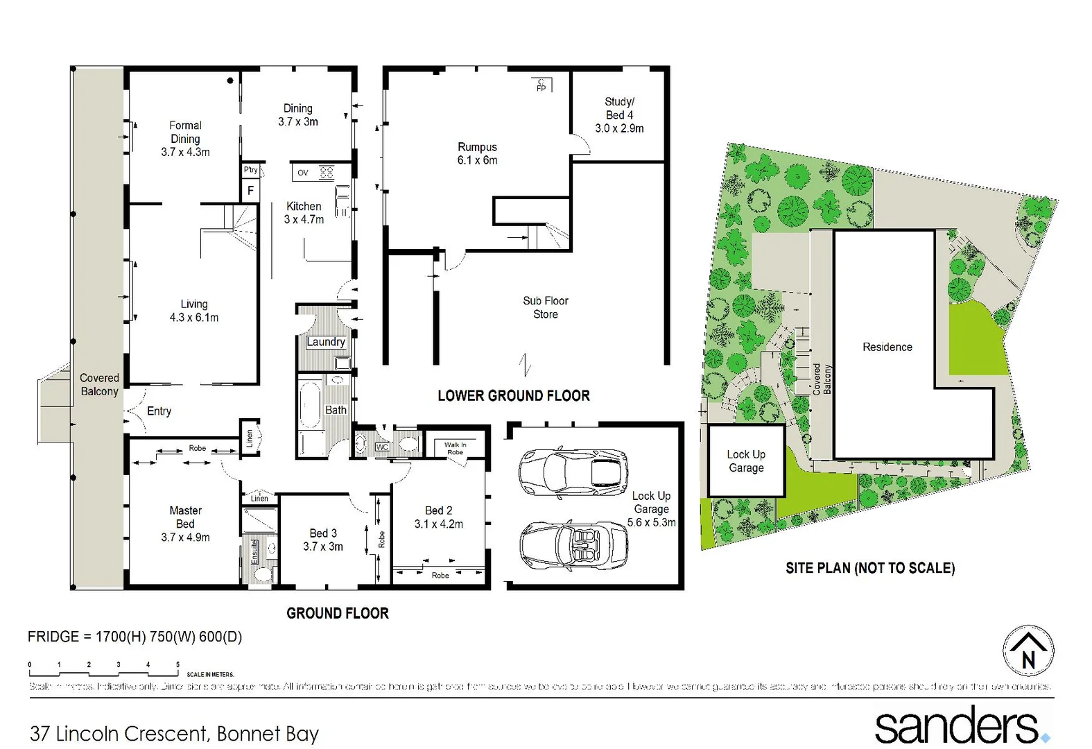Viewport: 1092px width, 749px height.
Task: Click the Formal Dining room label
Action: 185,139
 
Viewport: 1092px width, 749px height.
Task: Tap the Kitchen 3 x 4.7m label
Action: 304,213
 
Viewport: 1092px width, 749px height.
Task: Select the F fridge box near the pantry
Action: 250,190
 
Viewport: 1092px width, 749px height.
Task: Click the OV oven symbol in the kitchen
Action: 303,173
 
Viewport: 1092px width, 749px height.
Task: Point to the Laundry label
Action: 325,342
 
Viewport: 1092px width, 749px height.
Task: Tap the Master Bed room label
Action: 185,524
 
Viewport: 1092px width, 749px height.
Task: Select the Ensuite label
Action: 254,552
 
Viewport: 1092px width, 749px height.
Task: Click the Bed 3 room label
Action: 323,540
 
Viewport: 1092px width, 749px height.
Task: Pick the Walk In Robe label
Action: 455,448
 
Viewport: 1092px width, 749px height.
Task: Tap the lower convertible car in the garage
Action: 573,546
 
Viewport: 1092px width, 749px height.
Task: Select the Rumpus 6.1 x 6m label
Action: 477,153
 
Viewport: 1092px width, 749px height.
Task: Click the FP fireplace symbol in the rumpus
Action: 541,85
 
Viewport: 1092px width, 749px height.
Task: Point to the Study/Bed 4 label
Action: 619,114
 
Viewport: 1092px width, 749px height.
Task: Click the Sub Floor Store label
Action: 546,307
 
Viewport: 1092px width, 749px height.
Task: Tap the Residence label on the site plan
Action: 887,347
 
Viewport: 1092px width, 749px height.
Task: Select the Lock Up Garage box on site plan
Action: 746,461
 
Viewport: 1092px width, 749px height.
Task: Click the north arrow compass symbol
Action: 1028,652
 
